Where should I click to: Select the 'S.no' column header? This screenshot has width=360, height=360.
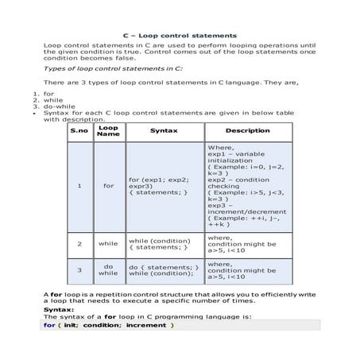click(79, 130)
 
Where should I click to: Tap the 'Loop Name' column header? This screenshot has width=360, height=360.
click(108, 130)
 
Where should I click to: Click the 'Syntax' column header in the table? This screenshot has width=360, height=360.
click(164, 130)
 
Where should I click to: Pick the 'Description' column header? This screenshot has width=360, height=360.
click(247, 130)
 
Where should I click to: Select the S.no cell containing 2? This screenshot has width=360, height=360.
click(79, 243)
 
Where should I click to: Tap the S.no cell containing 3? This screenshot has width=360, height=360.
click(79, 270)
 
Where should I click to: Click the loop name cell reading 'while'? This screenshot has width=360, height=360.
click(108, 243)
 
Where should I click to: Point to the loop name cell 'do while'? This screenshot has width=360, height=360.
click(108, 270)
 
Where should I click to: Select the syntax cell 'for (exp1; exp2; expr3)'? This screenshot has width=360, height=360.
click(159, 186)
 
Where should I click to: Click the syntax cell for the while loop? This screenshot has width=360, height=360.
click(159, 243)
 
